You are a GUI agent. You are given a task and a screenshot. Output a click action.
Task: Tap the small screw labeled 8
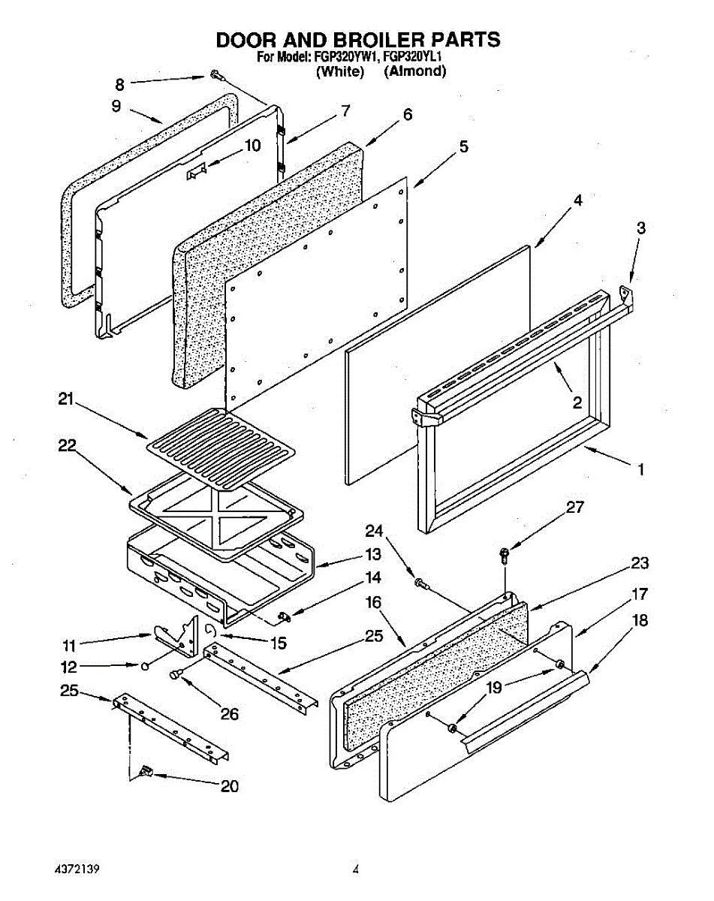215,74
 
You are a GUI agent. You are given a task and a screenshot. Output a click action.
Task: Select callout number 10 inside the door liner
253,146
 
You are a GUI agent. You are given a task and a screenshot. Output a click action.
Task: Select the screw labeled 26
177,675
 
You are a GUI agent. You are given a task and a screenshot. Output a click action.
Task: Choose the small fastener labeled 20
144,771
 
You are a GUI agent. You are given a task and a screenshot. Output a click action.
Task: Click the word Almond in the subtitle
415,71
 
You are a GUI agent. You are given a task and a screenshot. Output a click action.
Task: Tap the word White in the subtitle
340,71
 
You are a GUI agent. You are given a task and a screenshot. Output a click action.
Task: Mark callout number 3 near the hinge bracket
640,228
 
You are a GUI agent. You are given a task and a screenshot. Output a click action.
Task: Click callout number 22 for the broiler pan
67,445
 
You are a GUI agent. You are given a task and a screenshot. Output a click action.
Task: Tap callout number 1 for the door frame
640,471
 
